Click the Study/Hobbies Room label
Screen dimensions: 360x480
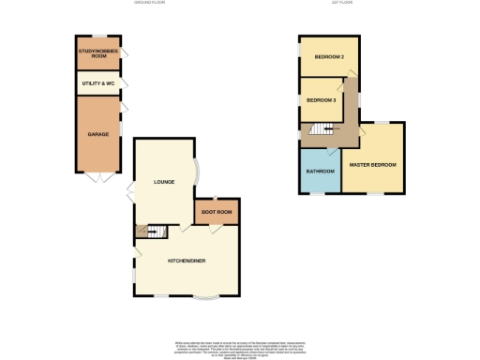(x=97, y=54)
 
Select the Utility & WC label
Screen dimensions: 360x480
(x=97, y=84)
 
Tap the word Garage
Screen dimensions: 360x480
(x=97, y=134)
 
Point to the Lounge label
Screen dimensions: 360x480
(x=165, y=183)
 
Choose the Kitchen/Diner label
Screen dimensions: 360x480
(x=187, y=260)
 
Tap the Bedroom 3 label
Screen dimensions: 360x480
(x=322, y=100)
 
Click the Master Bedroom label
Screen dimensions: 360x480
(x=372, y=165)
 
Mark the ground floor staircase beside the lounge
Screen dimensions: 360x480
(x=150, y=230)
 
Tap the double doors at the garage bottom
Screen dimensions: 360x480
(x=98, y=178)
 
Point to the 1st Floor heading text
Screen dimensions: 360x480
(x=341, y=4)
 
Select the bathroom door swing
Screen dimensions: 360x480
(x=334, y=149)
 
